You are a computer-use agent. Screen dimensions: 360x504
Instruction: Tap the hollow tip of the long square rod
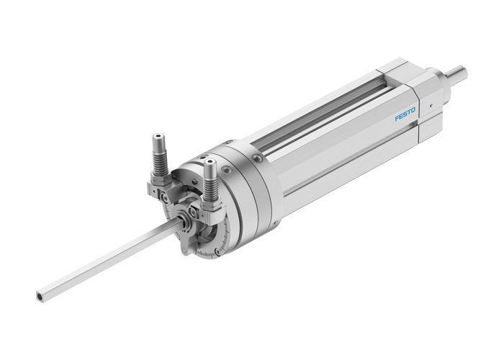[x=36, y=294]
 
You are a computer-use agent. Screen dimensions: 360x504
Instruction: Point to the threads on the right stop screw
[x=212, y=184]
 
